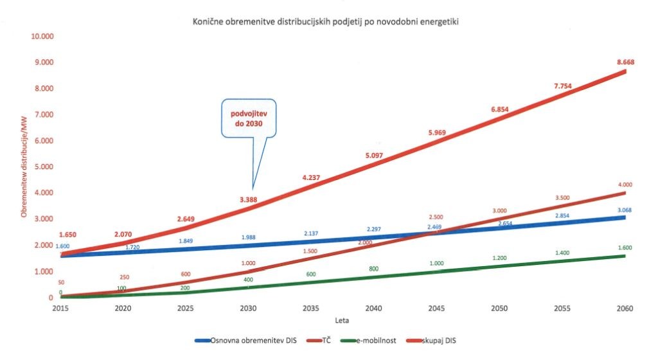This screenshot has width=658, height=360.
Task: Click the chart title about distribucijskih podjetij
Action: point(329,22)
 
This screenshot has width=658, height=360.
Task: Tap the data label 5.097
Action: point(373,156)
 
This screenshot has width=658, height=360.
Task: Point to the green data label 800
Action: point(373,268)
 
